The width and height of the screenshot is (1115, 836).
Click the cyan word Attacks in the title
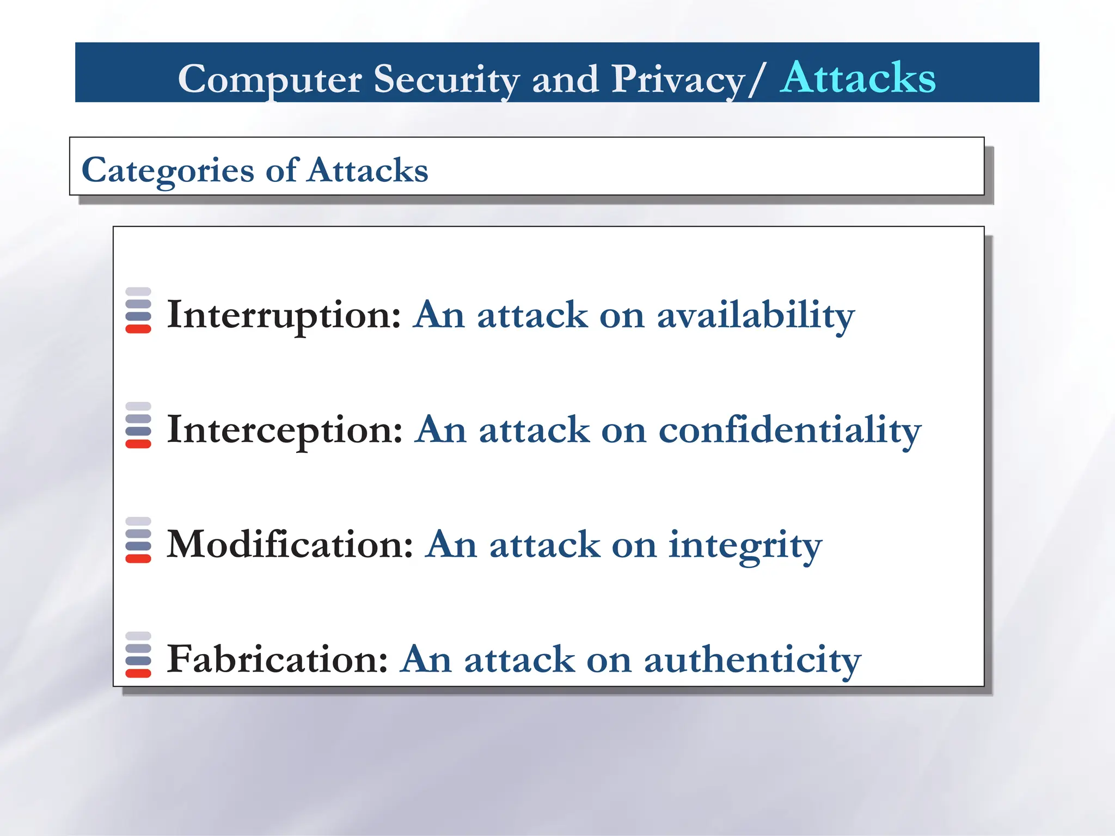857,78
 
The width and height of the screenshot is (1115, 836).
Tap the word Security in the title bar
446,79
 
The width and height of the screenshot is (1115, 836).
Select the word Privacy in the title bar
678,79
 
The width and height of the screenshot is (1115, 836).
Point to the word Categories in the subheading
168,170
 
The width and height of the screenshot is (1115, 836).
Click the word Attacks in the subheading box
368,170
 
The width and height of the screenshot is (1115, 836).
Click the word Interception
285,429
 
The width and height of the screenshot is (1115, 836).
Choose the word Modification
290,544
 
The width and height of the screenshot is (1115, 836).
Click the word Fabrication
277,659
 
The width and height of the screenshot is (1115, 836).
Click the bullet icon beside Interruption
138,310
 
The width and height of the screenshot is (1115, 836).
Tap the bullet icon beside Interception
138,425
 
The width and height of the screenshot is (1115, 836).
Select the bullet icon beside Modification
138,540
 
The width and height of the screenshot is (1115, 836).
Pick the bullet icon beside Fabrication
138,655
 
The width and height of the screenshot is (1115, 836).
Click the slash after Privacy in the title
757,79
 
